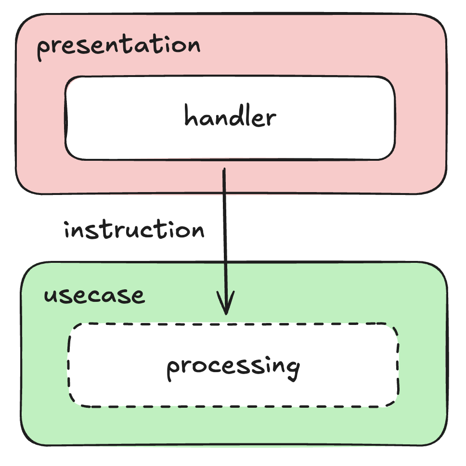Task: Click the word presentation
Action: (118, 47)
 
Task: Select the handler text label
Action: (230, 116)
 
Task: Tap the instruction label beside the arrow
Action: (134, 229)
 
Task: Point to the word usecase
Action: (94, 296)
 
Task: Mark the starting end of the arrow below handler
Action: (224, 169)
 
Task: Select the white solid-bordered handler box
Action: (230, 118)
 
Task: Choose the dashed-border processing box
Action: (233, 365)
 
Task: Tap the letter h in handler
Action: (191, 115)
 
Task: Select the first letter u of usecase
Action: (51, 296)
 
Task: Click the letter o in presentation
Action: (177, 47)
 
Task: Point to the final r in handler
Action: (271, 118)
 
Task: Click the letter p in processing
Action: (173, 370)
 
